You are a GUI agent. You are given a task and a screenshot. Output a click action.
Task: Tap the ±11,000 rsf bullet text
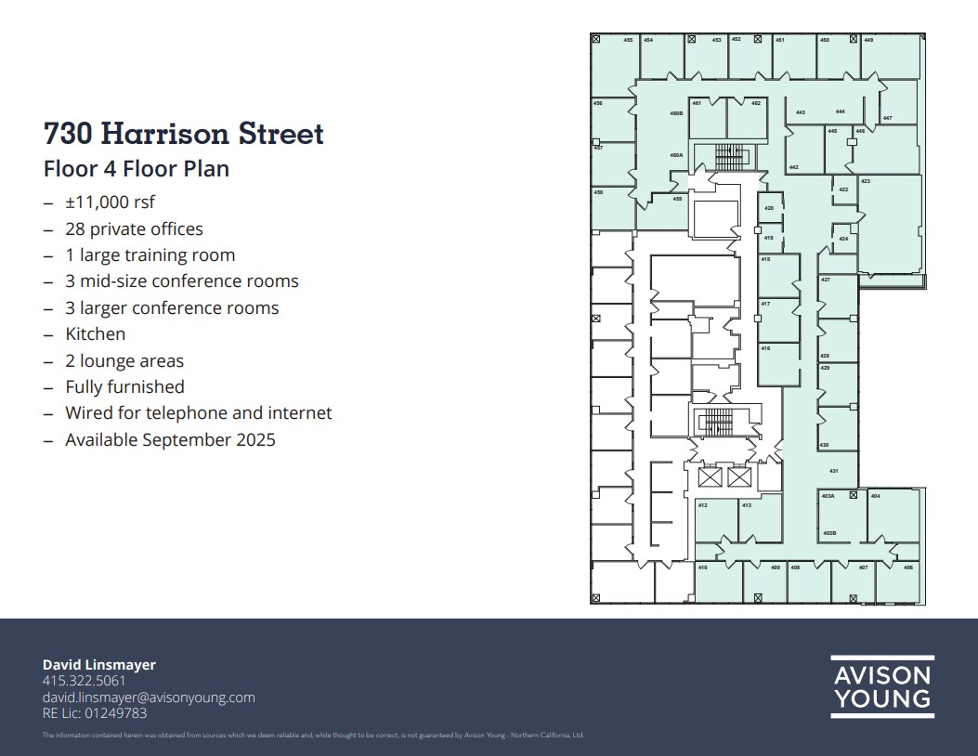tap(110, 202)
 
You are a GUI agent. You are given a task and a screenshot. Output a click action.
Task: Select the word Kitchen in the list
tap(95, 333)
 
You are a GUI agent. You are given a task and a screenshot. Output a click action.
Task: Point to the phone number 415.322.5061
tap(84, 681)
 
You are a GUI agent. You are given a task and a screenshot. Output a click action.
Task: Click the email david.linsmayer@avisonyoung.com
tap(149, 697)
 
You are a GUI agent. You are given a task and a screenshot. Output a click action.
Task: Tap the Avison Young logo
tap(881, 687)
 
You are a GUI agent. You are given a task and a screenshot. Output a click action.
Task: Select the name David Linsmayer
tap(98, 665)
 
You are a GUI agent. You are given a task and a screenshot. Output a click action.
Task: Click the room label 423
tap(866, 181)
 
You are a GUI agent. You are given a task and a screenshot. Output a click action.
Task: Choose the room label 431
tap(834, 472)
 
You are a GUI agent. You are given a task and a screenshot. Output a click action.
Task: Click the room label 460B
tap(676, 113)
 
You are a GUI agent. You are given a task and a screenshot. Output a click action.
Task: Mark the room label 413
tap(746, 505)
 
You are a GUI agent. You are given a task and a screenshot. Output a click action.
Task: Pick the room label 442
tap(793, 167)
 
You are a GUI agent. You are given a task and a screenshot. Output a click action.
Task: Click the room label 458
tap(598, 192)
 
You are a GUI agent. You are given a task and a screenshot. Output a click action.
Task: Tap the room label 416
tap(765, 348)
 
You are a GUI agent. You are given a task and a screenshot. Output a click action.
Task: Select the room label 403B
tap(829, 533)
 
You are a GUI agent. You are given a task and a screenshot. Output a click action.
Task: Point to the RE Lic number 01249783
tap(115, 713)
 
